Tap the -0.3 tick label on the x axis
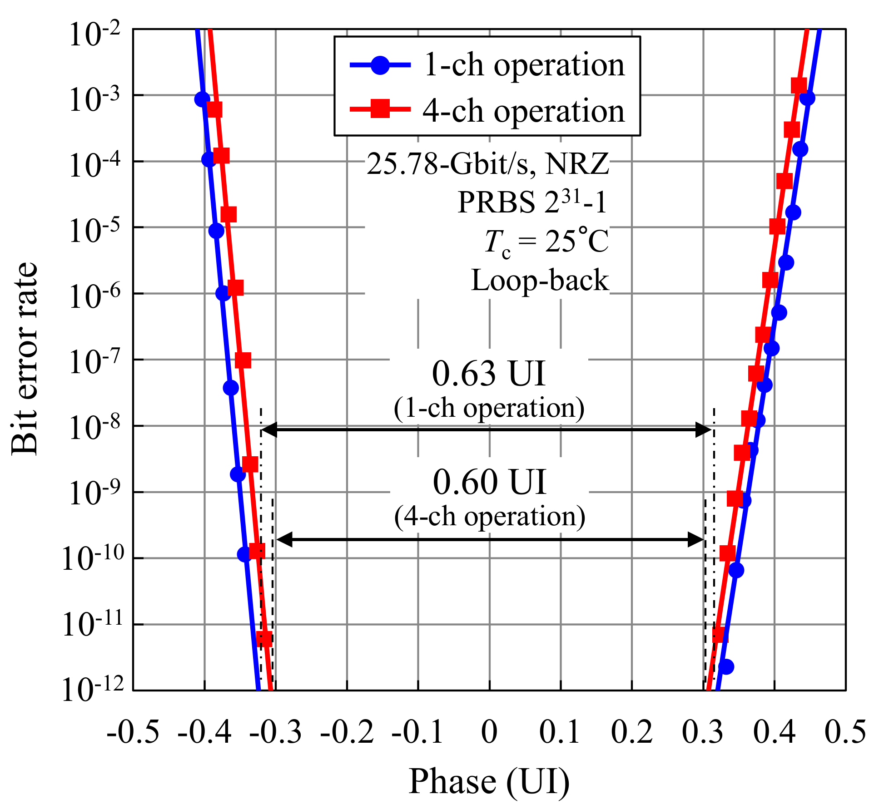[275, 732]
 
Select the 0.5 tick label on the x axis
[845, 732]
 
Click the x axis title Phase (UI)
[489, 782]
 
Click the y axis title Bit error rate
[25, 359]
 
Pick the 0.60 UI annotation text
[489, 482]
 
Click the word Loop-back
[540, 280]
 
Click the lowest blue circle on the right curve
[726, 666]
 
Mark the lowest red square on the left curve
[264, 638]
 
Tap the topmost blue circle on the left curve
[202, 99]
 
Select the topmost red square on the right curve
[799, 85]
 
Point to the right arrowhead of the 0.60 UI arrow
[697, 540]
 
